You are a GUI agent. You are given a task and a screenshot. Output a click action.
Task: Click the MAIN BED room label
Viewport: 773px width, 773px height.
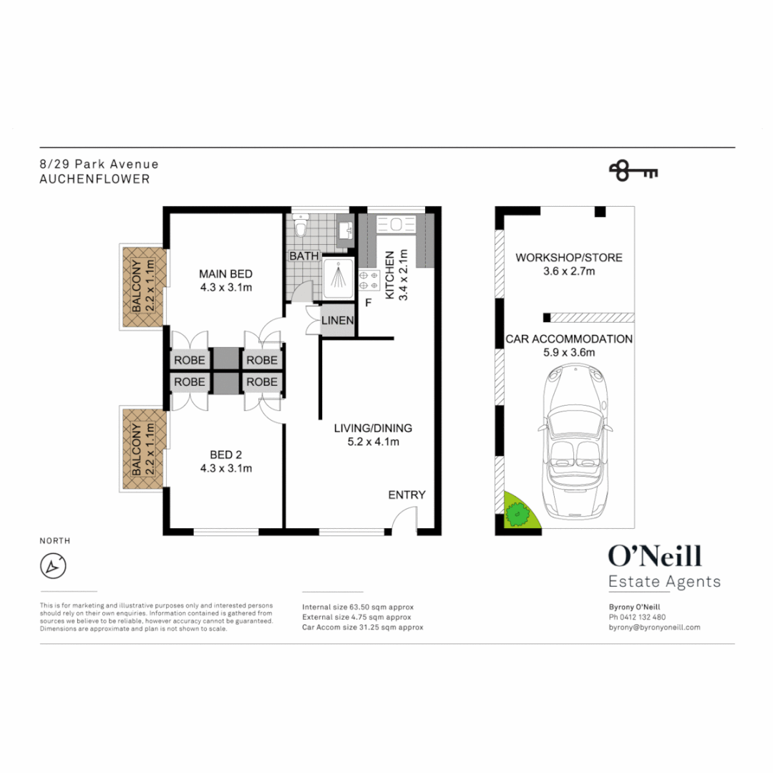click(225, 274)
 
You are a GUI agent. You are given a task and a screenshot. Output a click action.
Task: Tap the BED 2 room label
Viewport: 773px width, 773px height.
click(225, 455)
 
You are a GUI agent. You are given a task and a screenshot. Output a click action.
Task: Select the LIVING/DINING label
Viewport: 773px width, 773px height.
click(373, 429)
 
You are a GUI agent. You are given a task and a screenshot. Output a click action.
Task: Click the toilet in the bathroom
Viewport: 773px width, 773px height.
click(301, 228)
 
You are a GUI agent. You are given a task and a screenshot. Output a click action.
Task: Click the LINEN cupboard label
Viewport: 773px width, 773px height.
click(337, 321)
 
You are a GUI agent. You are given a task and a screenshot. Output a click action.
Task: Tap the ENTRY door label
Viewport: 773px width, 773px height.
click(407, 495)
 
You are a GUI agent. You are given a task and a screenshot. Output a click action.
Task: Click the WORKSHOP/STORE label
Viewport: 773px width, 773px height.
click(569, 258)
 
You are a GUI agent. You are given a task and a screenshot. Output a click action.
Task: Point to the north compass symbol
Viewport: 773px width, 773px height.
click(53, 566)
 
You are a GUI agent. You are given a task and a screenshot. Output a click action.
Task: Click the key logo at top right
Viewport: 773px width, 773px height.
click(633, 171)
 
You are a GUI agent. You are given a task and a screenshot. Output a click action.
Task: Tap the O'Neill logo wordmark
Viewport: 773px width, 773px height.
click(654, 556)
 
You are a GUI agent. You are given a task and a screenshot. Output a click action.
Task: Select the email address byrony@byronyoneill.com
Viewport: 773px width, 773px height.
click(653, 627)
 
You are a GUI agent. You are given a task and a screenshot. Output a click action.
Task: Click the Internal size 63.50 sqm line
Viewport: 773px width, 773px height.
click(358, 607)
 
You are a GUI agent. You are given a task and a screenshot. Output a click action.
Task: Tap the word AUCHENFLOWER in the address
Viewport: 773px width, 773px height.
click(95, 180)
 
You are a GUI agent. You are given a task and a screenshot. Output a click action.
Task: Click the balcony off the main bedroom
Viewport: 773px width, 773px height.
click(143, 287)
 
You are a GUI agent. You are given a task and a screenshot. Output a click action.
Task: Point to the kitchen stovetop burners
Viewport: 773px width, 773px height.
click(368, 280)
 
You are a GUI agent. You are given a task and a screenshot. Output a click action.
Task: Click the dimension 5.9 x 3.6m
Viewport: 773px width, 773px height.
click(569, 352)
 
